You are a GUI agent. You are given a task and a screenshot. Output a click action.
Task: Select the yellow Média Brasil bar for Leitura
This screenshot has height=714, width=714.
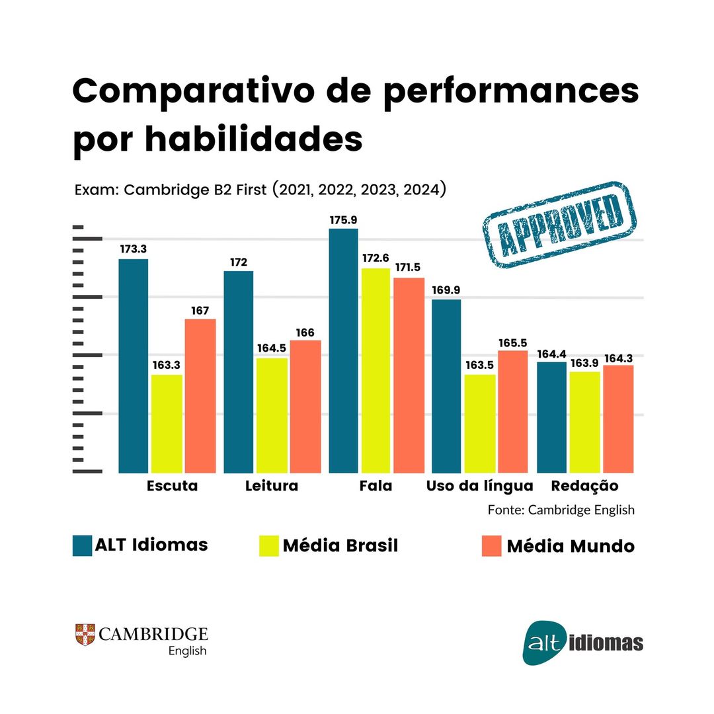tap(272, 415)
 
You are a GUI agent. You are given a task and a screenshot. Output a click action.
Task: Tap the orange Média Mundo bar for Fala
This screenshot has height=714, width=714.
tap(409, 375)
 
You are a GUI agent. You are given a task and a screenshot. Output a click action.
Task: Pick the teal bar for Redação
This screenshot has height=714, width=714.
tap(551, 417)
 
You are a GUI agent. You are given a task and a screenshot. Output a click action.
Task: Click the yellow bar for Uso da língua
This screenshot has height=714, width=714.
tap(480, 423)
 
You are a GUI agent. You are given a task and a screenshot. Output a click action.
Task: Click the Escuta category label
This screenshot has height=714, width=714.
tap(171, 486)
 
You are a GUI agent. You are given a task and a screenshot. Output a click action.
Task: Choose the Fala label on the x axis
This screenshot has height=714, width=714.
tap(376, 486)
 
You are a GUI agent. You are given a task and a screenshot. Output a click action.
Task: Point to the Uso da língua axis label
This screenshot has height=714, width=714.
tap(479, 486)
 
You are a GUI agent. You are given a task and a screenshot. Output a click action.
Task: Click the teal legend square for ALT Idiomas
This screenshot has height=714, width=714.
tap(82, 545)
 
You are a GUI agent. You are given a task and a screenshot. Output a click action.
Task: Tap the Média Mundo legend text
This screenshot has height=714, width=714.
tap(570, 547)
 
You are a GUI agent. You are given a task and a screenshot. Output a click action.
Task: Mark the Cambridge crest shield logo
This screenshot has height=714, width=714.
tap(85, 635)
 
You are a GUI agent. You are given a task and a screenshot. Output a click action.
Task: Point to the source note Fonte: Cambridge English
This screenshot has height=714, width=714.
tap(561, 510)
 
